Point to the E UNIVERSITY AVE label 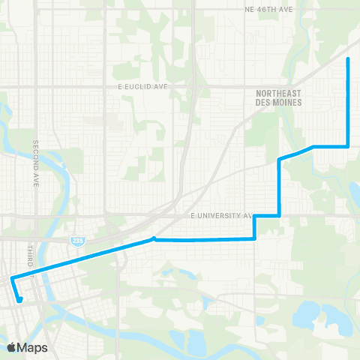pyautogui.click(x=222, y=215)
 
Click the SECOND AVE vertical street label pyautogui.click(x=35, y=163)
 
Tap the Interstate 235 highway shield pyautogui.click(x=77, y=241)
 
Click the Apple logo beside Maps pyautogui.click(x=11, y=347)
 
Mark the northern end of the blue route pyautogui.click(x=348, y=58)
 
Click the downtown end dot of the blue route pyautogui.click(x=20, y=300)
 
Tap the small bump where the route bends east pyautogui.click(x=154, y=238)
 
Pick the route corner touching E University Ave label pyautogui.click(x=256, y=216)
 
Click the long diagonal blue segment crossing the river pyautogui.click(x=82, y=259)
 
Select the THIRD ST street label pyautogui.click(x=31, y=253)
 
